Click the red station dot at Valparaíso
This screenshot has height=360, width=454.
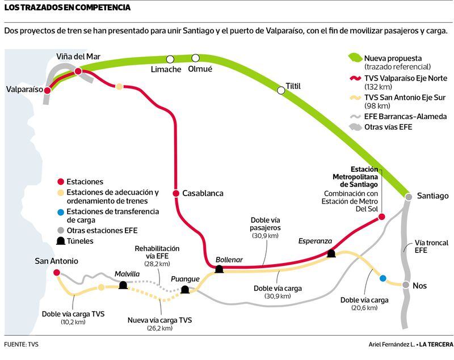(47, 91)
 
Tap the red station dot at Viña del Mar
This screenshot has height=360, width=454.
(78, 71)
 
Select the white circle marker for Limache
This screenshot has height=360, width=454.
(170, 60)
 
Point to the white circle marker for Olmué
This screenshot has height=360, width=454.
(196, 58)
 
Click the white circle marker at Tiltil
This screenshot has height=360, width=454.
(281, 91)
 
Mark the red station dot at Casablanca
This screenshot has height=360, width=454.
(176, 193)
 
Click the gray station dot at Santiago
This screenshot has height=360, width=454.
(409, 197)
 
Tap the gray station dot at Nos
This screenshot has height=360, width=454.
(406, 285)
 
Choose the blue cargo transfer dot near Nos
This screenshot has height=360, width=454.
(382, 278)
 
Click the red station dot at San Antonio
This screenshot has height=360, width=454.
(57, 272)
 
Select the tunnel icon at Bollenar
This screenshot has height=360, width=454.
(219, 269)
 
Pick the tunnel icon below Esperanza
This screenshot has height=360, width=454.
(331, 254)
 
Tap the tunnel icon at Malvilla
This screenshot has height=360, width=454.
(123, 285)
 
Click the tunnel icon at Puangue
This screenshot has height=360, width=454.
(185, 290)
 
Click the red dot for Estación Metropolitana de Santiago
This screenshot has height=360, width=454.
(382, 217)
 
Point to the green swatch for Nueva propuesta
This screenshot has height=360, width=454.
(355, 58)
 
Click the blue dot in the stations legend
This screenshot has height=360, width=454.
(61, 213)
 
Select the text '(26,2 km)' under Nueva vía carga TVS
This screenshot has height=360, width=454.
(160, 328)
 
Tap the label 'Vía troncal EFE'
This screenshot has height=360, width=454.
(431, 247)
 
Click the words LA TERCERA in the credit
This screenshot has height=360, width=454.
(436, 344)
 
